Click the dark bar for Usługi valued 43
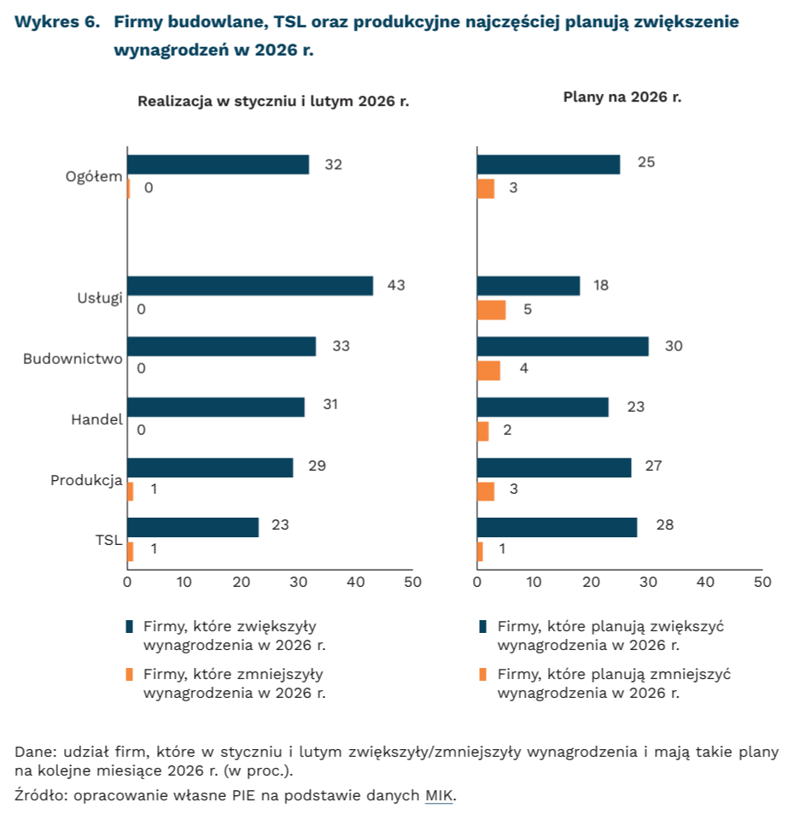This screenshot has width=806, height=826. (250, 286)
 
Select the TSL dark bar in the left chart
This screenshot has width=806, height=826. (193, 527)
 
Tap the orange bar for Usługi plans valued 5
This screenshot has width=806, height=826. (491, 309)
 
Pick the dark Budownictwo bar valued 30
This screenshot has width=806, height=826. (563, 346)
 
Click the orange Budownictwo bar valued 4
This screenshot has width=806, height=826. (488, 370)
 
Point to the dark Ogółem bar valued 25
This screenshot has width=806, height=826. (548, 165)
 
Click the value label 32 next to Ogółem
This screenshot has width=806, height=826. (333, 164)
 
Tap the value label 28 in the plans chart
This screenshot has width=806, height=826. (664, 524)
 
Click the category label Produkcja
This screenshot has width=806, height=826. (87, 480)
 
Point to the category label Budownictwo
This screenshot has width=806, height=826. (73, 359)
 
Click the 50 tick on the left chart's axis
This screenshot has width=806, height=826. (412, 583)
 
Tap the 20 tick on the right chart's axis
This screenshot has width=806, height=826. (591, 583)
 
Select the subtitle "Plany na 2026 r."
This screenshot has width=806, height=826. (622, 97)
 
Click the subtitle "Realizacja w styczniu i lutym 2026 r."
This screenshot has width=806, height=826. (273, 101)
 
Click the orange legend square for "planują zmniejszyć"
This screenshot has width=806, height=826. (482, 675)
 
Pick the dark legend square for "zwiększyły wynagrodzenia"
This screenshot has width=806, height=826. (130, 626)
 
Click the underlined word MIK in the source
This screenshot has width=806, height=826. (440, 796)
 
